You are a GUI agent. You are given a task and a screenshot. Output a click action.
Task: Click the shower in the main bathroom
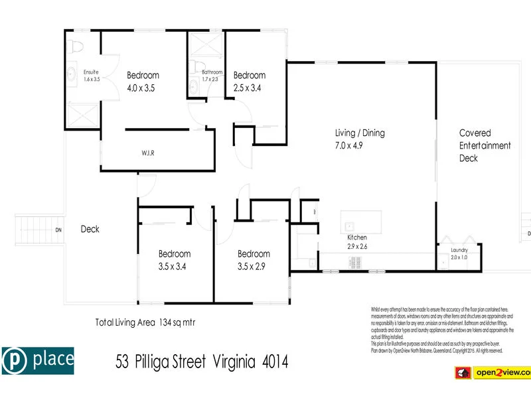(206, 47)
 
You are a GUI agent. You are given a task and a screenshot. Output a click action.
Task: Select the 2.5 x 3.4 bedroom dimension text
(249, 88)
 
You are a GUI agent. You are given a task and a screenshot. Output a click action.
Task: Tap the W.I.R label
(148, 153)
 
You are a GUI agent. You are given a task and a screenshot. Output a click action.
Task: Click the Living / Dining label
(360, 133)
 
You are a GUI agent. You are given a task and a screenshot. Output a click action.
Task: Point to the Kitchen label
(357, 237)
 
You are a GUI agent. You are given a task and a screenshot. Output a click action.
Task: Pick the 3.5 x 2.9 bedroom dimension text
(254, 267)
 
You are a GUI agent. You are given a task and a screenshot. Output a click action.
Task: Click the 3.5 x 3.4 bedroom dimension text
(174, 267)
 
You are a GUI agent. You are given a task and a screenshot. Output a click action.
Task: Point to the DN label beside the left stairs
(58, 230)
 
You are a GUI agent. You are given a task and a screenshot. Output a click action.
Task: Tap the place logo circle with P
(15, 360)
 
